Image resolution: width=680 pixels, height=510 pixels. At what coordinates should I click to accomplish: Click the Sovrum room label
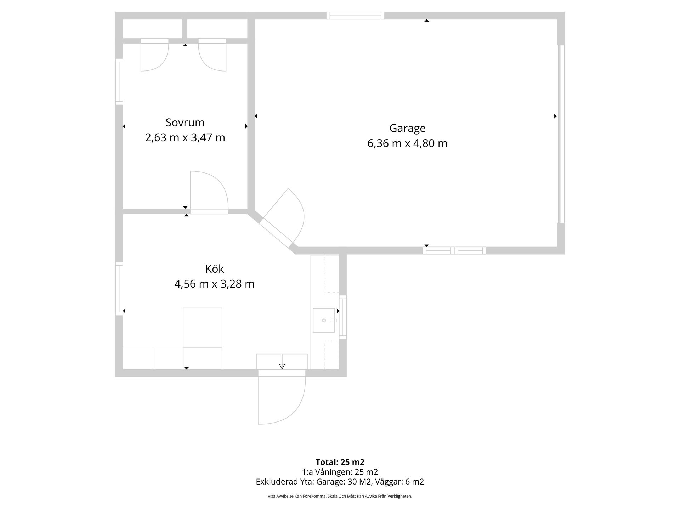185,123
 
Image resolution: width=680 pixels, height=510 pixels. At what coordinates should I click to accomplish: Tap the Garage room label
407,128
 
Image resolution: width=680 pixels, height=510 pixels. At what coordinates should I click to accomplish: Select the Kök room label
215,269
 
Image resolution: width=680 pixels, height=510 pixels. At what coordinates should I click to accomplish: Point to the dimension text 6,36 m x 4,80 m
407,143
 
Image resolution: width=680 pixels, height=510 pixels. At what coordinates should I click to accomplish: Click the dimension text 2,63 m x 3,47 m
185,137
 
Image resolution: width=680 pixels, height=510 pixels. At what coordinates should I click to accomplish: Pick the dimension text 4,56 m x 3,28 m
214,284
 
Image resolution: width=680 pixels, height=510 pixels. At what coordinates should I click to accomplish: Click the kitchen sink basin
324,320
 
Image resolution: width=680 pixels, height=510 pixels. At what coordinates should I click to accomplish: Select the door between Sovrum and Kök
209,193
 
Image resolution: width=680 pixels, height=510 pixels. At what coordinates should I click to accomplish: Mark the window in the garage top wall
355,16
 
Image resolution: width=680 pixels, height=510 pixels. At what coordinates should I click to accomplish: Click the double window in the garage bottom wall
454,251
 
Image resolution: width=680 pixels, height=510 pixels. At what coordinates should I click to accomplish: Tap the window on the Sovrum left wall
119,82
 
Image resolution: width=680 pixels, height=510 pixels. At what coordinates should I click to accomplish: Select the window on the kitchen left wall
119,289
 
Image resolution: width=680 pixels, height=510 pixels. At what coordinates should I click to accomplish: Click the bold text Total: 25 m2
340,462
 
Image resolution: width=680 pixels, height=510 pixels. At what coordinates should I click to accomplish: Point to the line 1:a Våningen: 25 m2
340,472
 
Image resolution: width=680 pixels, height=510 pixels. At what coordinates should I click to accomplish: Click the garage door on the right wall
561,134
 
